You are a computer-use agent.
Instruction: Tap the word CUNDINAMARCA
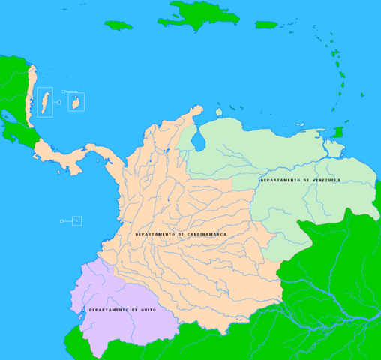202,235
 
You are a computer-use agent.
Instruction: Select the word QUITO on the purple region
146,310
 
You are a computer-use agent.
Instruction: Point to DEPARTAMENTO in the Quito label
110,310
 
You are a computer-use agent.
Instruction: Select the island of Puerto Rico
267,25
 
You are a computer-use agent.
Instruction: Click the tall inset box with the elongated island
45,101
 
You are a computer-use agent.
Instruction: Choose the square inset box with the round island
76,101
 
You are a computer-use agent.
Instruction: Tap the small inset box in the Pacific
76,221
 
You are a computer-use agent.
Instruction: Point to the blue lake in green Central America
11,121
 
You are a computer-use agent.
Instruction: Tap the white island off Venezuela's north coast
219,112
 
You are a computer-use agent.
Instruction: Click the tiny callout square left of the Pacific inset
61,221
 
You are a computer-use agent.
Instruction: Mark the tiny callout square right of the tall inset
64,91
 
